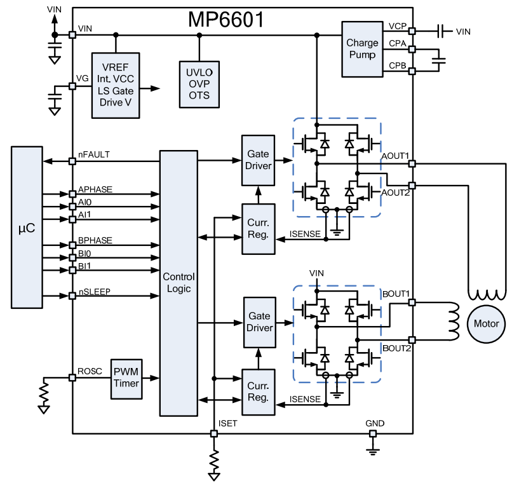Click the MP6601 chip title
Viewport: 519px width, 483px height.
coord(226,20)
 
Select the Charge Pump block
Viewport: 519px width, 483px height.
coord(362,49)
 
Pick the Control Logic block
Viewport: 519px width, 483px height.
coord(179,283)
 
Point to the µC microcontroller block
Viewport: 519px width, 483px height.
coord(27,227)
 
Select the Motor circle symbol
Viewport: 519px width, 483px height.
coord(487,323)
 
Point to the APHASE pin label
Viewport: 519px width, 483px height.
coord(95,189)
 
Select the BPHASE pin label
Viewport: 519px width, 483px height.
coord(95,241)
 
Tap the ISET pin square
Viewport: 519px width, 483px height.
coord(213,433)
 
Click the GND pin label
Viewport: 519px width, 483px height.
coord(374,423)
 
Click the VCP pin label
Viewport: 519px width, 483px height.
coord(397,26)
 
